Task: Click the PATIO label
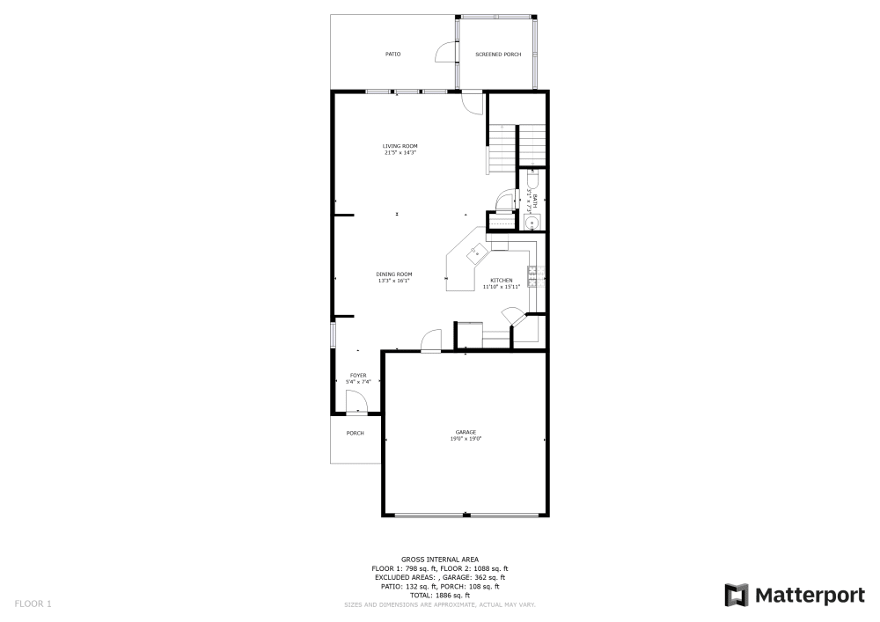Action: [392, 55]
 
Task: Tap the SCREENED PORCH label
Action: [498, 55]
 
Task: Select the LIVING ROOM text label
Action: [400, 146]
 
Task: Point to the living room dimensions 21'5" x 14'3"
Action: [400, 153]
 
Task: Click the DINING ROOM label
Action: [395, 274]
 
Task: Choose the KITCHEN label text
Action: [502, 281]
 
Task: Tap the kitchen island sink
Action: [478, 253]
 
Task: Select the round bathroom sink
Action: [532, 223]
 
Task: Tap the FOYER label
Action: [358, 376]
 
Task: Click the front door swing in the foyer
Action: [356, 402]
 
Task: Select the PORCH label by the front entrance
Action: [356, 433]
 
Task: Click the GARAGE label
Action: [466, 432]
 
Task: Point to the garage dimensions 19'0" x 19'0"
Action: [466, 438]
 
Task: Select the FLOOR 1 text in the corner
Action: [33, 604]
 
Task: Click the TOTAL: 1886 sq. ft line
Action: [440, 596]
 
